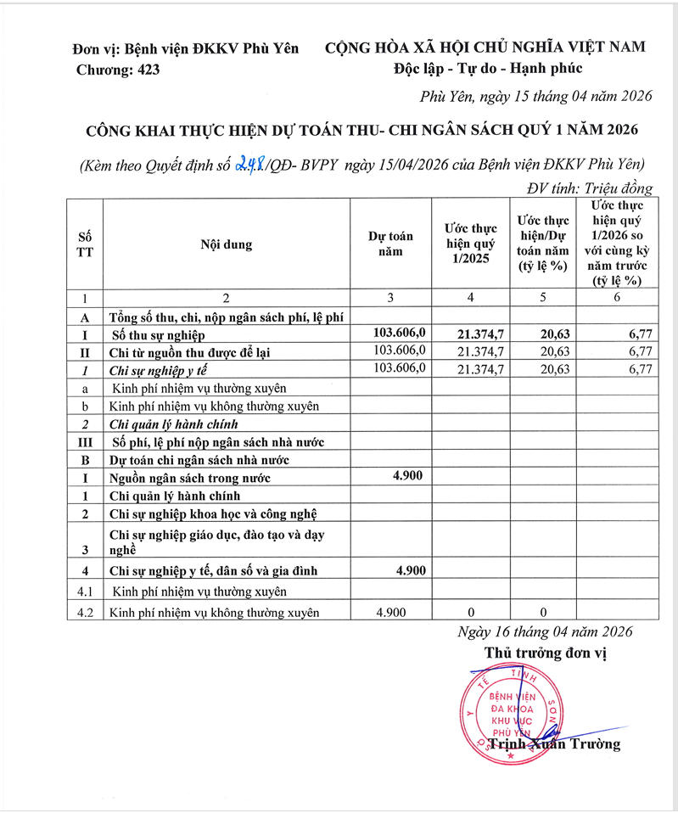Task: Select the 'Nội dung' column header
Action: [226, 244]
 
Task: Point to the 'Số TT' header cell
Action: [84, 244]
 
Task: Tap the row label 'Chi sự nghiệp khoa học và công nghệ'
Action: [213, 513]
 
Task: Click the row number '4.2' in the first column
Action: [84, 611]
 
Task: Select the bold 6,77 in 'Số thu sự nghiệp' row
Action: [636, 334]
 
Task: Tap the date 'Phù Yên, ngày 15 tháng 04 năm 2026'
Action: [536, 97]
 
